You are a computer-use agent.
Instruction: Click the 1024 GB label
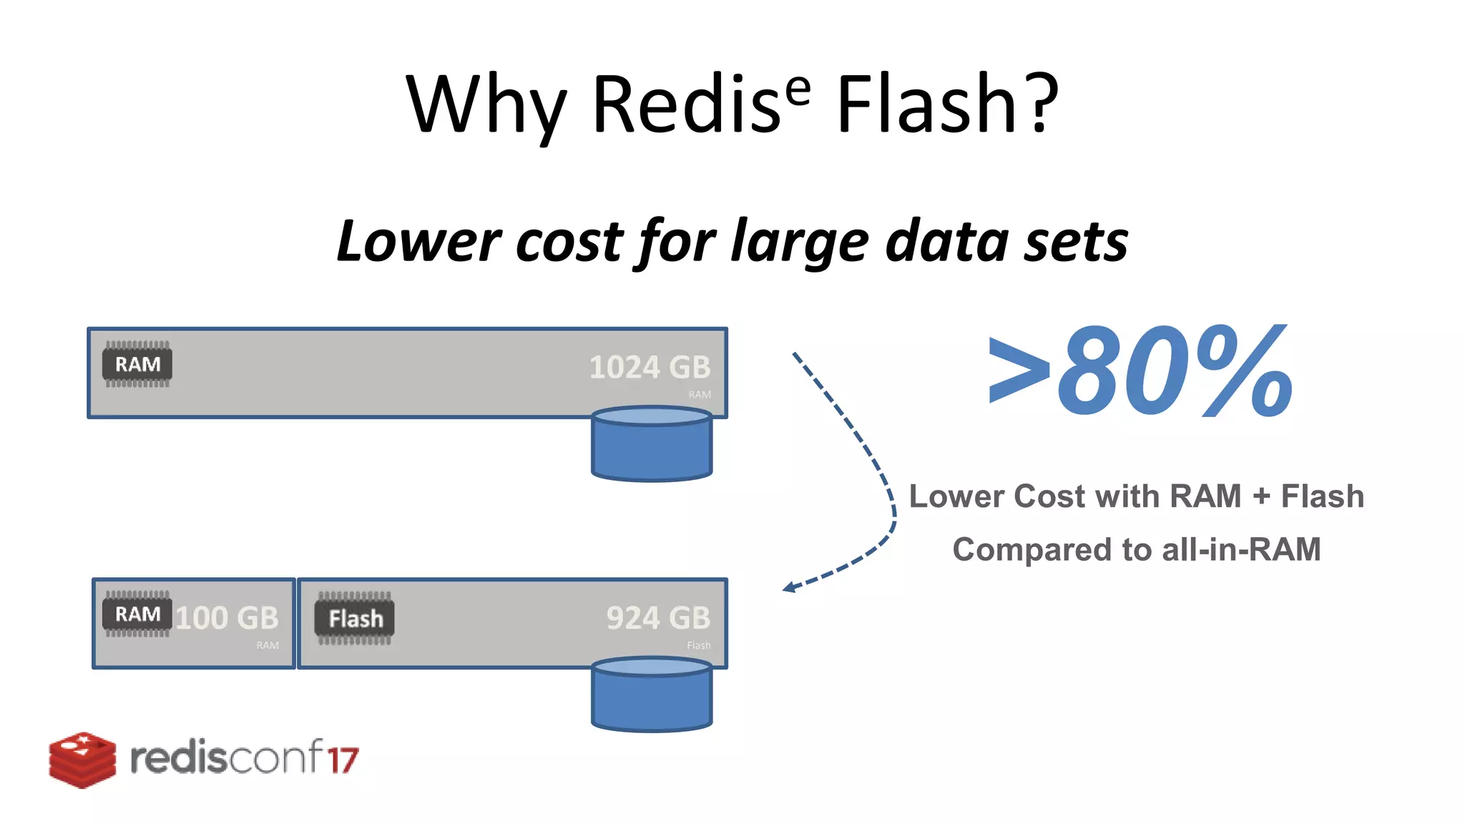click(650, 368)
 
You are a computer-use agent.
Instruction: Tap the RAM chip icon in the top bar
click(137, 364)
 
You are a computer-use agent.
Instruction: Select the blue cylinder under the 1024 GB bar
click(652, 444)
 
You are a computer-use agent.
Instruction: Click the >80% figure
click(1140, 372)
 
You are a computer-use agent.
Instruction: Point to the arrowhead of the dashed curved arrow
click(789, 588)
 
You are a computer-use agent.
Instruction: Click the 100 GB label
click(227, 618)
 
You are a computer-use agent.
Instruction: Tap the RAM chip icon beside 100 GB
click(137, 614)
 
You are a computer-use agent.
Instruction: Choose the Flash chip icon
click(355, 618)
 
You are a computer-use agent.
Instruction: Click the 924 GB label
click(658, 618)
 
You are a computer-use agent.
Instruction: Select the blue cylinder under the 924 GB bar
click(652, 695)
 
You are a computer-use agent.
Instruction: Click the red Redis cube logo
click(82, 760)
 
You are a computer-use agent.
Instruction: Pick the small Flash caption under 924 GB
click(699, 645)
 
